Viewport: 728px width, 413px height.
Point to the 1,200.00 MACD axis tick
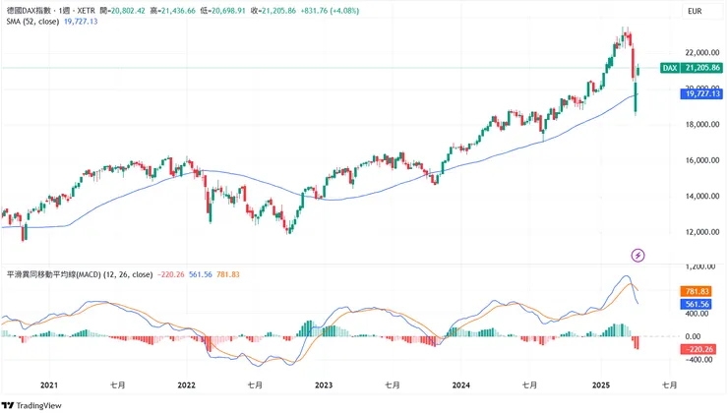[x=699, y=266]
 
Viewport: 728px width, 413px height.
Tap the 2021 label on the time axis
[x=48, y=386]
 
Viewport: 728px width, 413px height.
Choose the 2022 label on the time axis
[x=187, y=386]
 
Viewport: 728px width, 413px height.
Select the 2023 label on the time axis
[x=324, y=386]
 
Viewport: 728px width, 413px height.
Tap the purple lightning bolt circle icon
[x=637, y=255]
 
